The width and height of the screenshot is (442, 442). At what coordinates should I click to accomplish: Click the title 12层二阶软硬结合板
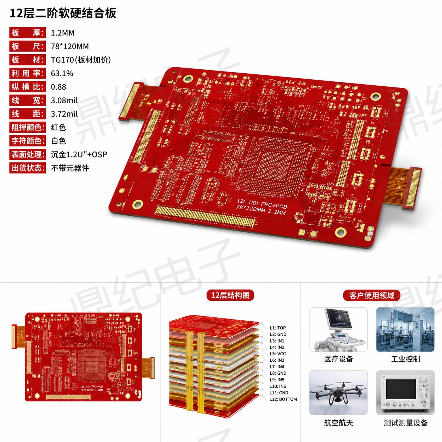[63, 13]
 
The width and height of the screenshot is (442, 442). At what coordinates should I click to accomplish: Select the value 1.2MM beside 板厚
[62, 33]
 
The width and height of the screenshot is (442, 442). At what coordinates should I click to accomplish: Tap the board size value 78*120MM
[70, 46]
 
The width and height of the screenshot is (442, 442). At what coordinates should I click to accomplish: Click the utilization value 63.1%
[62, 73]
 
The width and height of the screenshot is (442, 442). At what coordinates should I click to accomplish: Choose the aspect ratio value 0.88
[59, 87]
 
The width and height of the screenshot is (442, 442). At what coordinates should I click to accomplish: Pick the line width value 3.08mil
[64, 100]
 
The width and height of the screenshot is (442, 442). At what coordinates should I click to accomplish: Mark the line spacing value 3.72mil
[64, 114]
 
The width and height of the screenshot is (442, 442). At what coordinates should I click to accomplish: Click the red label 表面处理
[27, 154]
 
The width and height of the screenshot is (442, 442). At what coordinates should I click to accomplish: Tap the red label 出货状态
[27, 168]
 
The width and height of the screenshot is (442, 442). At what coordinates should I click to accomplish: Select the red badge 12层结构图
[230, 295]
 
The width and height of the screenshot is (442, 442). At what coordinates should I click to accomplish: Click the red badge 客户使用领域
[372, 295]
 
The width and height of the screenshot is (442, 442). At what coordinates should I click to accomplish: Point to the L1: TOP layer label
[277, 328]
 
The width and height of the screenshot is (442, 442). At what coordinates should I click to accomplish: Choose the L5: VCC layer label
[278, 354]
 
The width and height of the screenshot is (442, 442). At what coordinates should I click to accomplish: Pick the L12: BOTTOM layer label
[283, 399]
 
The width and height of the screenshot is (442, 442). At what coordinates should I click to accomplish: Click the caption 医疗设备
[338, 359]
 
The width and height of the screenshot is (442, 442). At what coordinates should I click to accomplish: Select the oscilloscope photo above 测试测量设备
[405, 393]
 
